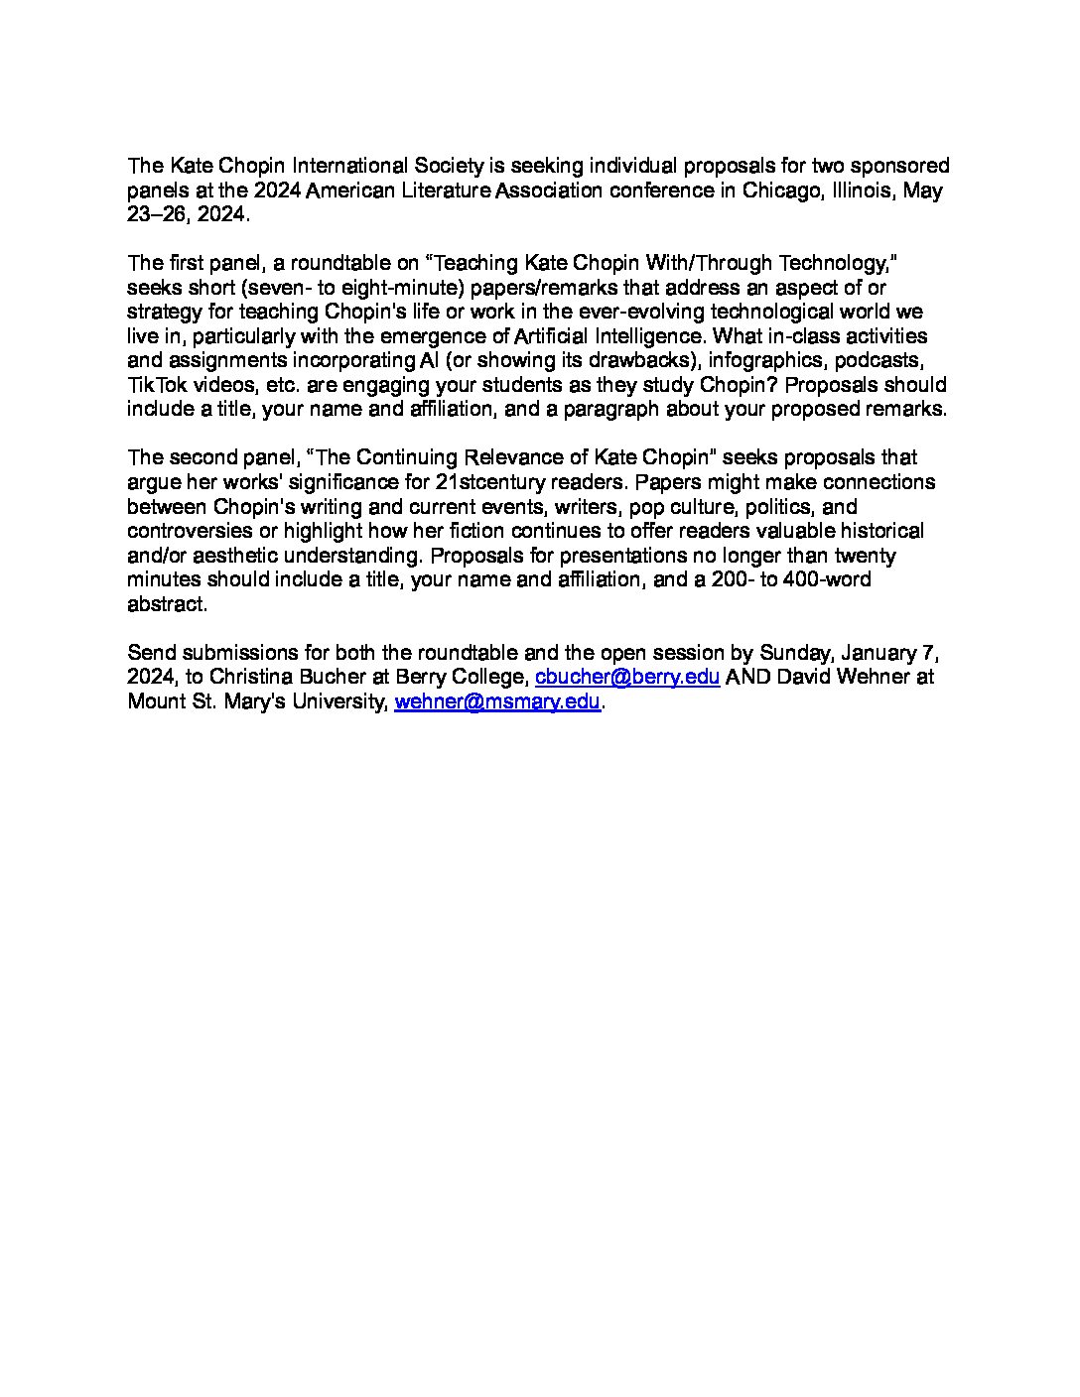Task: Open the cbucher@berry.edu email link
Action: (627, 678)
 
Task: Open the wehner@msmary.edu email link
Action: (497, 701)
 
